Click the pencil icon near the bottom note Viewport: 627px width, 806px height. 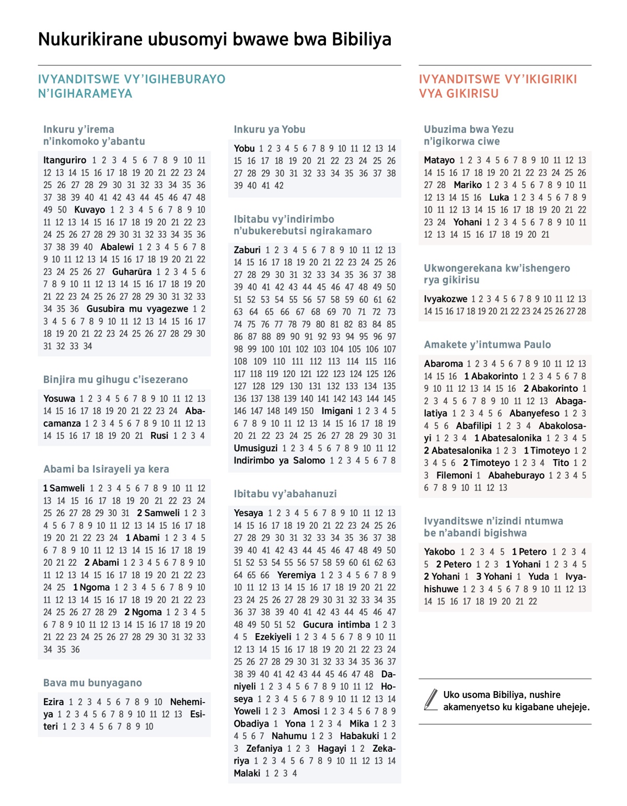pyautogui.click(x=431, y=699)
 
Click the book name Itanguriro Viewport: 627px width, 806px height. pyautogui.click(x=65, y=160)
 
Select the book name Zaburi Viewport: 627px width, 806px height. pyautogui.click(x=247, y=250)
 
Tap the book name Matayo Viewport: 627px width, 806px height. pyautogui.click(x=439, y=160)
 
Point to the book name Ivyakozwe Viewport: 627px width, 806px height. pyautogui.click(x=445, y=299)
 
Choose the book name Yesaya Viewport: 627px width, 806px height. pyautogui.click(x=248, y=513)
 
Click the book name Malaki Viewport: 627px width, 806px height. pyautogui.click(x=247, y=774)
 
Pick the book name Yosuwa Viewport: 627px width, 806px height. pyautogui.click(x=59, y=399)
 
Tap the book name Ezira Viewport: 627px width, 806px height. pyautogui.click(x=53, y=702)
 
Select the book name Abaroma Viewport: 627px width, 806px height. pyautogui.click(x=443, y=364)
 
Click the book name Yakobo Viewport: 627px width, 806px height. pyautogui.click(x=439, y=552)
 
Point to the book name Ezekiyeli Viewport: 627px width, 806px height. pyautogui.click(x=273, y=637)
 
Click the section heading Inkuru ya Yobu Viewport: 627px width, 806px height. pyautogui.click(x=269, y=130)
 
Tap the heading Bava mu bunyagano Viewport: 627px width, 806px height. pyautogui.click(x=92, y=683)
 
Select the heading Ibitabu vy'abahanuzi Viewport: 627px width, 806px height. pyautogui.click(x=285, y=494)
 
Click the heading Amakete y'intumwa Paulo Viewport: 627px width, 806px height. pyautogui.click(x=487, y=345)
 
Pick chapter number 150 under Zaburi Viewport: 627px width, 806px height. pyautogui.click(x=307, y=411)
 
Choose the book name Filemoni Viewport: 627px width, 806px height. pyautogui.click(x=454, y=476)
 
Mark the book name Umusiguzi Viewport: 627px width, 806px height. pyautogui.click(x=256, y=448)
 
